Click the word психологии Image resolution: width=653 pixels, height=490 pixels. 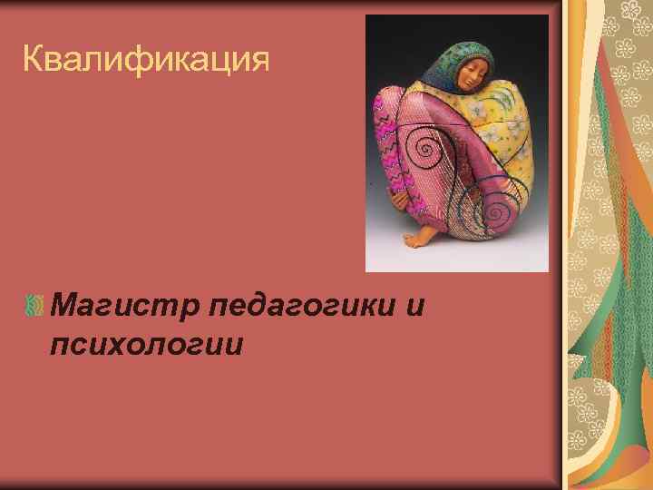148,345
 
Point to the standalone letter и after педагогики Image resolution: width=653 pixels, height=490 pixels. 414,307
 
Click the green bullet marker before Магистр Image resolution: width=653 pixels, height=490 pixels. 35,308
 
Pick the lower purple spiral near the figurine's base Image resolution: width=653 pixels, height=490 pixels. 496,214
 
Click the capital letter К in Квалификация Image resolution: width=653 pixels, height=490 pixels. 33,61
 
